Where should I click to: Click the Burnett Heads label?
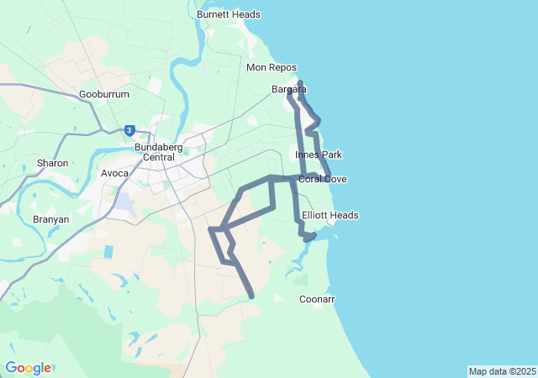tap(228, 14)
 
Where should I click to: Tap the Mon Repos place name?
tap(272, 67)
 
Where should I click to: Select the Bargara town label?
tap(288, 89)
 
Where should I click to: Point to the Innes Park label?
tap(319, 155)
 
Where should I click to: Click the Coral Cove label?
tap(323, 180)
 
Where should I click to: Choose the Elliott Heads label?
tap(330, 216)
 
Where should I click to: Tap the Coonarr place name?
tap(317, 299)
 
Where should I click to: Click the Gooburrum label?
tap(104, 95)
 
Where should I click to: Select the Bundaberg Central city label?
tap(155, 152)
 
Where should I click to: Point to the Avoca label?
tap(115, 174)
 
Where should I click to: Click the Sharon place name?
tap(52, 163)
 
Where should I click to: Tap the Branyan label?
tap(51, 219)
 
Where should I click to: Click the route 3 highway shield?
tap(129, 130)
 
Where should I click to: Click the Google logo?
tap(28, 368)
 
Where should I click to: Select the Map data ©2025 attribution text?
tap(502, 371)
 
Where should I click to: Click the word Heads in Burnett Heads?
tap(245, 14)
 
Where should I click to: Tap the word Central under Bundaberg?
tap(155, 157)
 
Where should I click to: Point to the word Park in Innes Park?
tap(331, 155)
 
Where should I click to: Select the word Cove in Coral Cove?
tap(335, 180)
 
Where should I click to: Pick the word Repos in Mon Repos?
tap(282, 67)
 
